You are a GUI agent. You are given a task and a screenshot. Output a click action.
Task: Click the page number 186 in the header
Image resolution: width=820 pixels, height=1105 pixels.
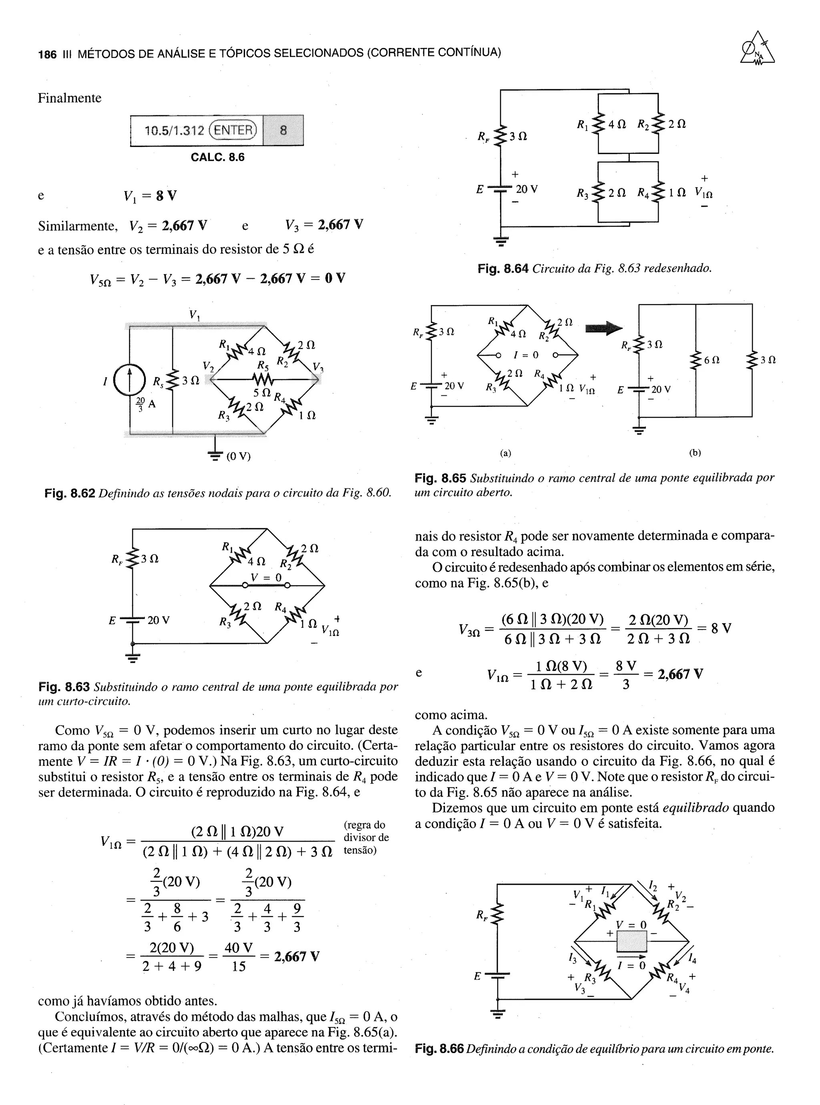click(47, 54)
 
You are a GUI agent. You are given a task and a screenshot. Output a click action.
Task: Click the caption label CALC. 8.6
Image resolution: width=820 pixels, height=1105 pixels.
click(217, 157)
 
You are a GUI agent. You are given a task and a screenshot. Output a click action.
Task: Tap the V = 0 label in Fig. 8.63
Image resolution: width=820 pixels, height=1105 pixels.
click(266, 577)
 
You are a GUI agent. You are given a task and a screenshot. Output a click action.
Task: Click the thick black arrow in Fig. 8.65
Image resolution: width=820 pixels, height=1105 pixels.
click(604, 328)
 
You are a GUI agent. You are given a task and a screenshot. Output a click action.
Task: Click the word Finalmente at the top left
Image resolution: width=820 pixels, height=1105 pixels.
click(70, 98)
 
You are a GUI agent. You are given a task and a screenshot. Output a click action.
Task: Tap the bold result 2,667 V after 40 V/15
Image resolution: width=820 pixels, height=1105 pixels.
click(297, 956)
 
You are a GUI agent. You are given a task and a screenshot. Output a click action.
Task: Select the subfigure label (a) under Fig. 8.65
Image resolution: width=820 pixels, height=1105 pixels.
click(505, 453)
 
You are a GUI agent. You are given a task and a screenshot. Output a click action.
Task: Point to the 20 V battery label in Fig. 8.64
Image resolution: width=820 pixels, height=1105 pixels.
click(527, 189)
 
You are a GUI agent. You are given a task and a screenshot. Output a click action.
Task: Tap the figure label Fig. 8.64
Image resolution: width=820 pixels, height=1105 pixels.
click(502, 269)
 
